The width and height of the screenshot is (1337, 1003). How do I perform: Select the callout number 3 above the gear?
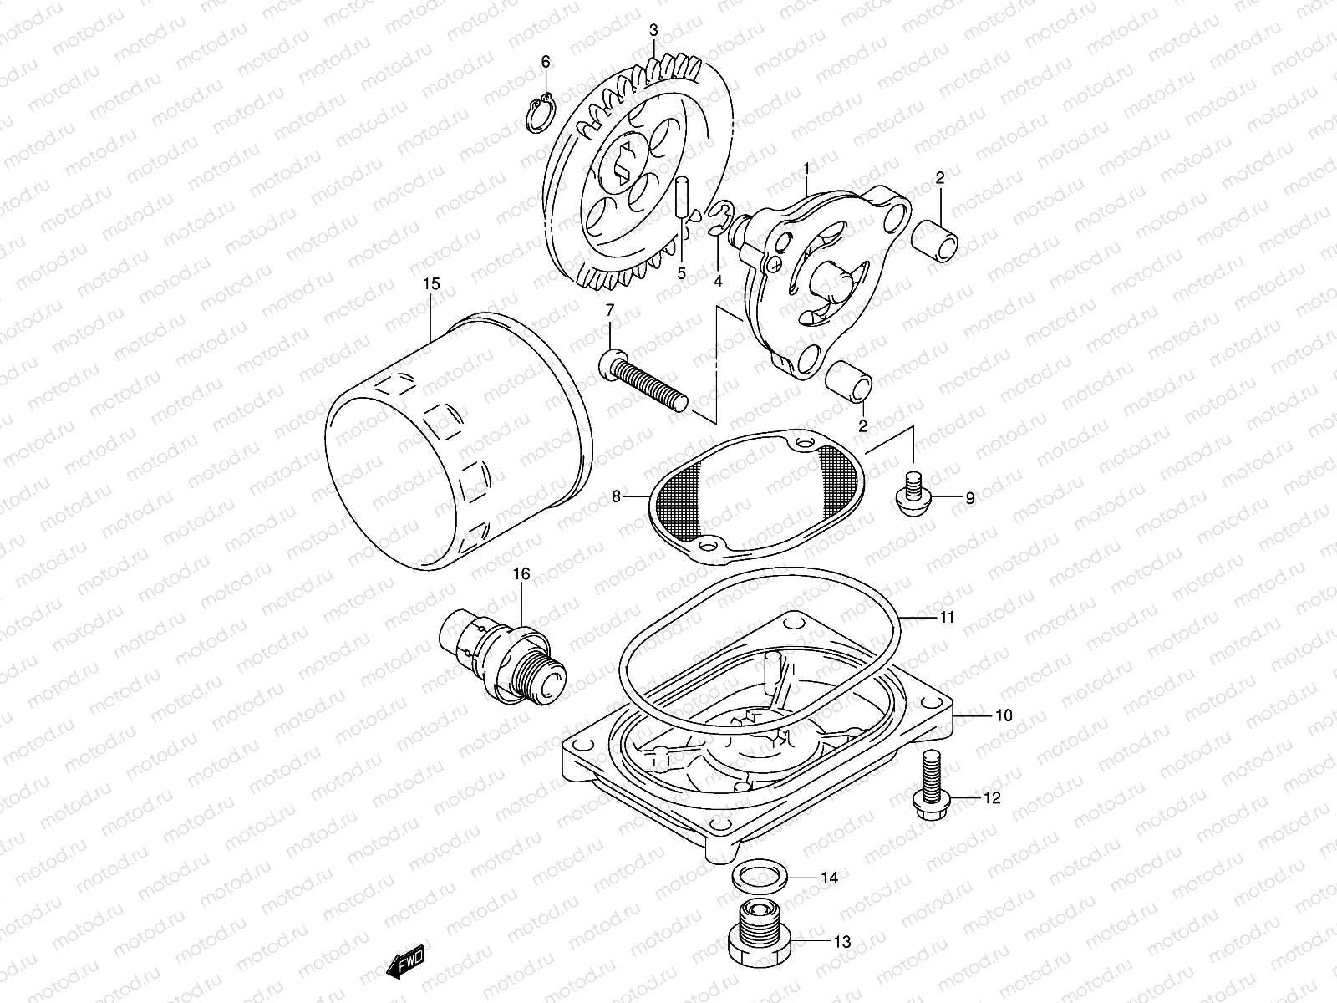[653, 31]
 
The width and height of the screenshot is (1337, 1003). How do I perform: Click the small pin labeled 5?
[683, 206]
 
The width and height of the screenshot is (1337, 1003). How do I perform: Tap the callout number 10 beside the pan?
[1003, 715]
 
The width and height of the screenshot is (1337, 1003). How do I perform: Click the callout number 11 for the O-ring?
[946, 618]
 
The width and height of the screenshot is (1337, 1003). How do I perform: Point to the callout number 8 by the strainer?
[616, 497]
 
